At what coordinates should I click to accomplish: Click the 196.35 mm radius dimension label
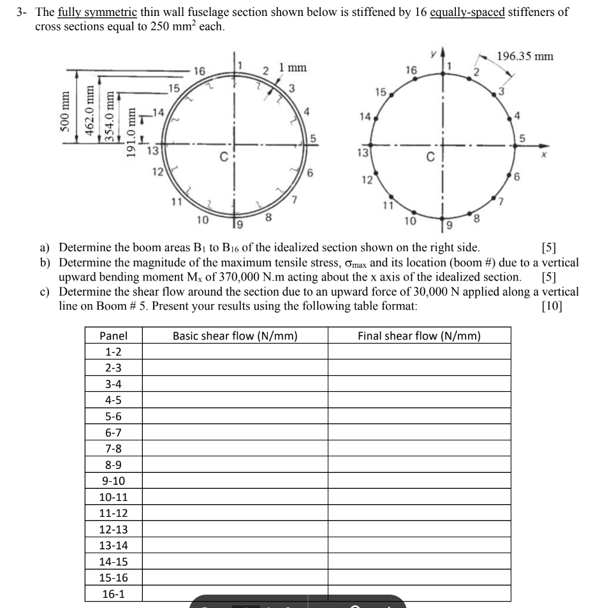[525, 56]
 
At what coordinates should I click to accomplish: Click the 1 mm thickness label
[293, 67]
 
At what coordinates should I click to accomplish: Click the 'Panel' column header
[113, 336]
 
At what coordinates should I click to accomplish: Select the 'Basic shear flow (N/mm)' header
[235, 336]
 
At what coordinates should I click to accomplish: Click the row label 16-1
[113, 593]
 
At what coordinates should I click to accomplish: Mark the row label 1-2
[113, 352]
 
